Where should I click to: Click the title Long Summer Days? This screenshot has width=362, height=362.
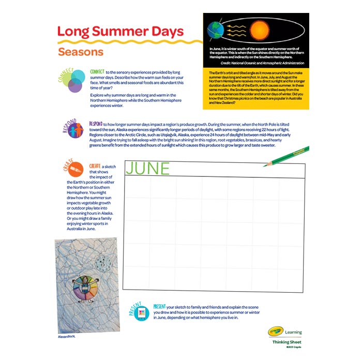(120, 31)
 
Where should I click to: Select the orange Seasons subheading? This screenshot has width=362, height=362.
(81, 52)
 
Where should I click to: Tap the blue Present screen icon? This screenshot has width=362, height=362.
(141, 313)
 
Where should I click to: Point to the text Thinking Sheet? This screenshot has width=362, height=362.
(287, 342)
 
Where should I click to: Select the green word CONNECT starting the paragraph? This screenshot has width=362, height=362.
(97, 71)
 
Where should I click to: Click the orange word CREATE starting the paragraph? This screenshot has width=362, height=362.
(95, 166)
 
